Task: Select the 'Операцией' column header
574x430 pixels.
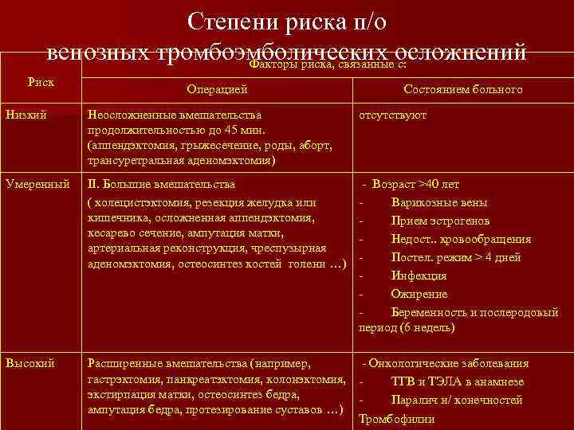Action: coord(217,90)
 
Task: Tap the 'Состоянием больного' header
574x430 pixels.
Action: coord(463,90)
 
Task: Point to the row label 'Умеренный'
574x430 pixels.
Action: coord(34,184)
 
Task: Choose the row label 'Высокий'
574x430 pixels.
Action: coord(29,363)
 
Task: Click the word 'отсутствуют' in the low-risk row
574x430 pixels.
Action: coord(393,115)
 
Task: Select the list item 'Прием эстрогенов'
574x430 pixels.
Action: coord(441,221)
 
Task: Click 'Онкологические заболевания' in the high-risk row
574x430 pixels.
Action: coord(449,363)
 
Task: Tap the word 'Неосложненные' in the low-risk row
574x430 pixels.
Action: coord(132,115)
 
